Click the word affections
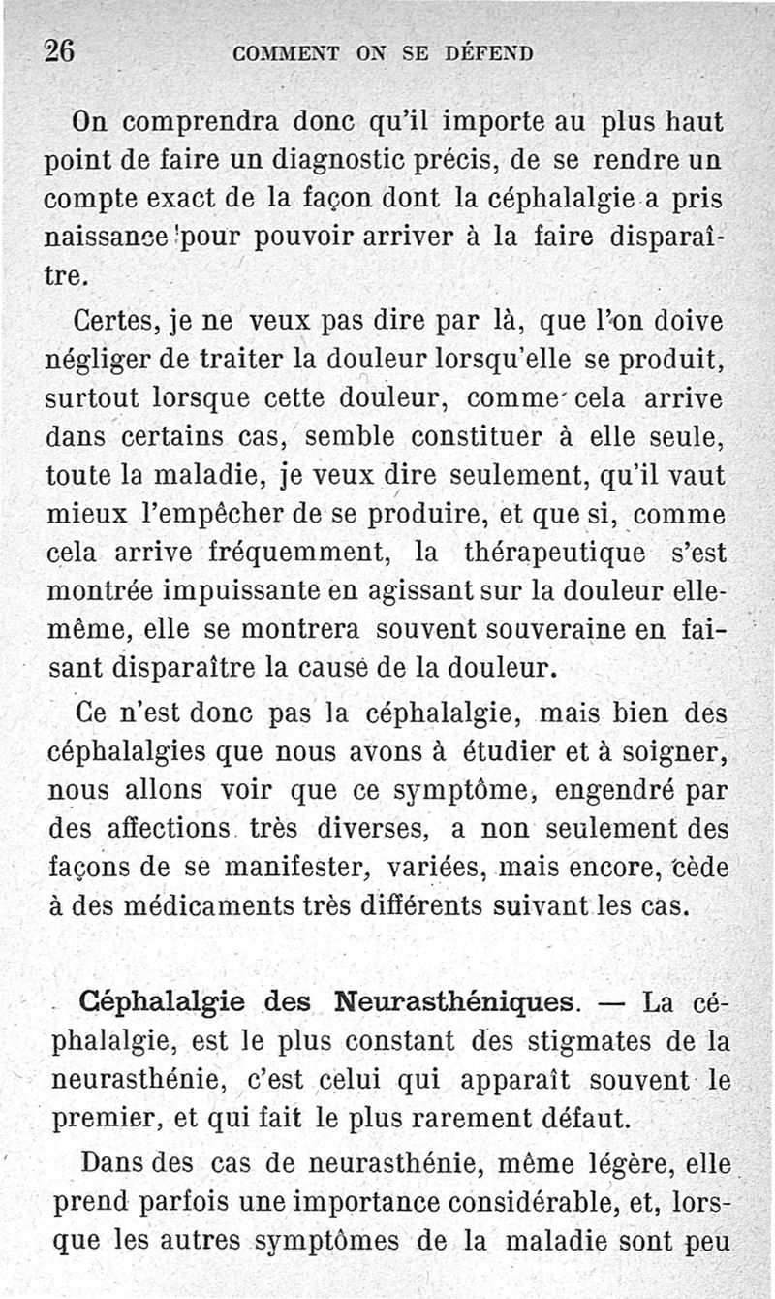tap(166, 830)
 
